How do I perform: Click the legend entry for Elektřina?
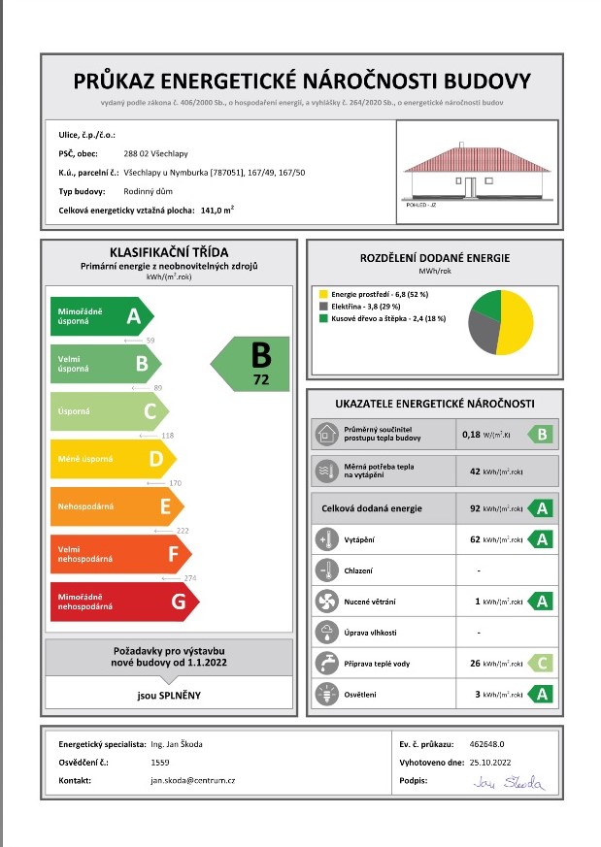[x=371, y=305]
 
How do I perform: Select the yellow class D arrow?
[x=112, y=458]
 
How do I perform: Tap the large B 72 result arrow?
[x=254, y=364]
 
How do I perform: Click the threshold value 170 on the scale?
[x=176, y=482]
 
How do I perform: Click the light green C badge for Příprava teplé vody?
[x=541, y=665]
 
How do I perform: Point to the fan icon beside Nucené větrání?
[x=324, y=602]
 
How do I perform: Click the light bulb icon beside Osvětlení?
[x=324, y=694]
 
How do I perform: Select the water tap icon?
[x=324, y=665]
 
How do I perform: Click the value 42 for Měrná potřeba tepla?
[x=475, y=472]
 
